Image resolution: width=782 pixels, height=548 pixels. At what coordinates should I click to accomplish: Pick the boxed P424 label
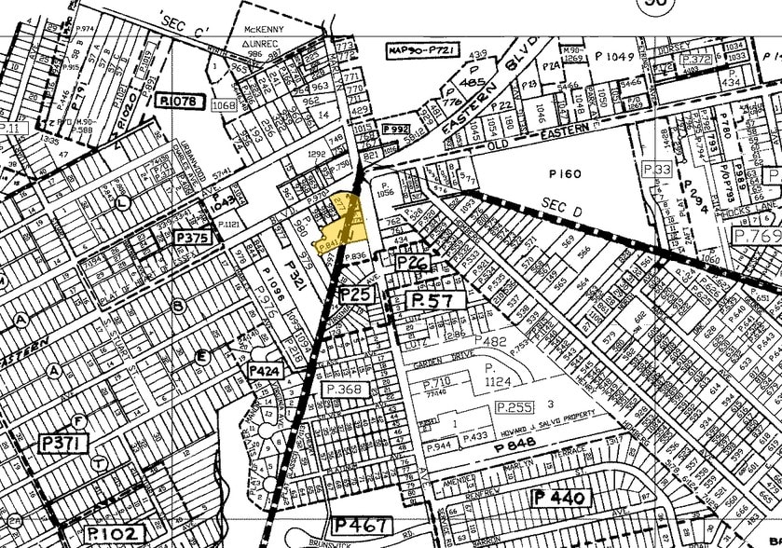point(264,370)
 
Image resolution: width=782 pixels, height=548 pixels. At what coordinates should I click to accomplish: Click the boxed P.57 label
point(432,300)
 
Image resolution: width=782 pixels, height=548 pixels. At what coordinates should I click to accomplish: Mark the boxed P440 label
point(561,498)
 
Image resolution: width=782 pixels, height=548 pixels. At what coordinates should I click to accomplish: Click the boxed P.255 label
point(514,407)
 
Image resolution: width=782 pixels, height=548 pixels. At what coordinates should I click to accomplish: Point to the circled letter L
point(124,202)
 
